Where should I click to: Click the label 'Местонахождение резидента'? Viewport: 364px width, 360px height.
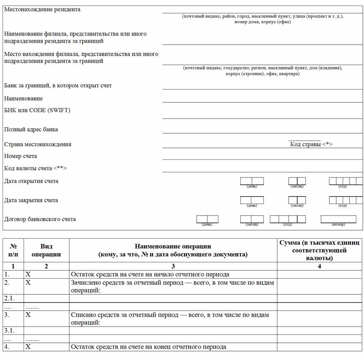tap(42, 9)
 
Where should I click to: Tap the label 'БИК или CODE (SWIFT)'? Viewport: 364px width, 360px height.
tap(37, 111)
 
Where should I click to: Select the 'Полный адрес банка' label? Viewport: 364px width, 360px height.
tap(31, 129)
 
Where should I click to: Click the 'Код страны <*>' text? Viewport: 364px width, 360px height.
tap(311, 144)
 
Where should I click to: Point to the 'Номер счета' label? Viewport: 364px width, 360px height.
tap(21, 156)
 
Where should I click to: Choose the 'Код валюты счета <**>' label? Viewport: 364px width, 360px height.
tap(36, 168)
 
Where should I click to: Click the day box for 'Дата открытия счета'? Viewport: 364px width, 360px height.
tap(252, 181)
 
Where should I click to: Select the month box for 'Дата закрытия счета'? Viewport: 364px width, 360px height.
tap(297, 200)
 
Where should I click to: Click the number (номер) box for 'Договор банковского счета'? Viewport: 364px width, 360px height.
tap(338, 219)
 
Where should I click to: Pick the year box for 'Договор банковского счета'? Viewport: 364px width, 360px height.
tap(287, 219)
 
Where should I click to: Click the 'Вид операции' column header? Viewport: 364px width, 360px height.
tap(46, 250)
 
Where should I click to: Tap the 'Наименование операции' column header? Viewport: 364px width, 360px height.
tap(173, 250)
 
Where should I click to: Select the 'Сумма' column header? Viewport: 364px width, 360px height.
tap(319, 250)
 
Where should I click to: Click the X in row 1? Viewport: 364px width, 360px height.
tap(28, 274)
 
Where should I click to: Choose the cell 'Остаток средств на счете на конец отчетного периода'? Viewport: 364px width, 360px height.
tap(148, 347)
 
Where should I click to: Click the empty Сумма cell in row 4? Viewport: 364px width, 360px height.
tap(319, 347)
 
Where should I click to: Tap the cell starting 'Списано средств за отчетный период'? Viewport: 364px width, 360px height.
tap(170, 318)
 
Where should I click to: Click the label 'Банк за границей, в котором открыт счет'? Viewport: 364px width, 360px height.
tap(58, 86)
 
